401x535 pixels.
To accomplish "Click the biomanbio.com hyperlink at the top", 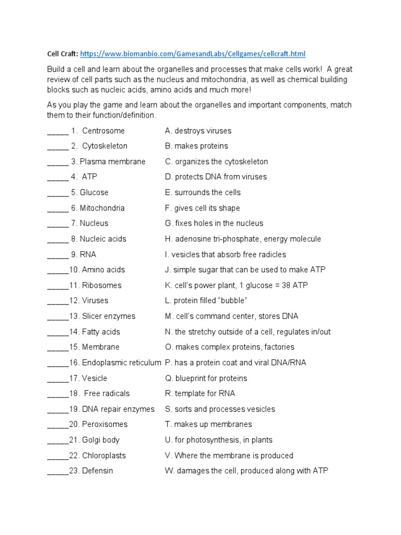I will coord(188,54).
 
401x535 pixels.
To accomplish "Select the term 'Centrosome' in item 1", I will coord(103,131).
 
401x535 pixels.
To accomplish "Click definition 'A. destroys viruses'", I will coord(198,131).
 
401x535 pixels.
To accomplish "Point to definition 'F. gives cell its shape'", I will coord(202,208).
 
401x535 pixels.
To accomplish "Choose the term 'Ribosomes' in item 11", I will coord(101,285).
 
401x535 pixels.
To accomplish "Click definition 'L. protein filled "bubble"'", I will coord(206,301).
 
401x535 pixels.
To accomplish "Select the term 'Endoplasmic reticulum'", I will coord(122,363).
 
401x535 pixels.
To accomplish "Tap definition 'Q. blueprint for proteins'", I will coord(206,378).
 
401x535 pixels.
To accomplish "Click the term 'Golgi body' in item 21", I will coord(101,440).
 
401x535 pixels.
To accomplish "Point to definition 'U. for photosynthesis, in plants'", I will coord(218,440).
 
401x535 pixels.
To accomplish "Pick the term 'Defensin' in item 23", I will coord(97,471).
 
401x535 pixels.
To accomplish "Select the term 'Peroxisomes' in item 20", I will coord(104,424).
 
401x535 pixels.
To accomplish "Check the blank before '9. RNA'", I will coord(57,254).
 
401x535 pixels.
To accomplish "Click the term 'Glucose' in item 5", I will coord(94,192).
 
